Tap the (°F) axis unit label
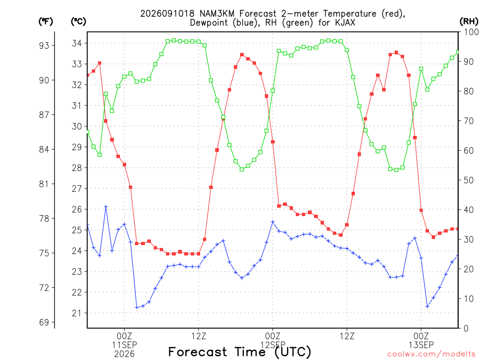46,22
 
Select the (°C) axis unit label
78,22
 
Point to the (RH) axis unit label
469,22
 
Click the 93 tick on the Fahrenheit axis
44,45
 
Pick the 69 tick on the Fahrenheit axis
44,322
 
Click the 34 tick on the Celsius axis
77,44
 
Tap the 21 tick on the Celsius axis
77,313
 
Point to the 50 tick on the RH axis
469,180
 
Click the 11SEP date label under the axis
124,345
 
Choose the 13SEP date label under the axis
421,345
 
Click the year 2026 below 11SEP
124,354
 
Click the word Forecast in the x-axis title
197,352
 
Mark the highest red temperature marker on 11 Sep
242,55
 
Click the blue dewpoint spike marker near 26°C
105,207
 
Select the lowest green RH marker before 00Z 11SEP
99,155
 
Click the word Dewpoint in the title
210,22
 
